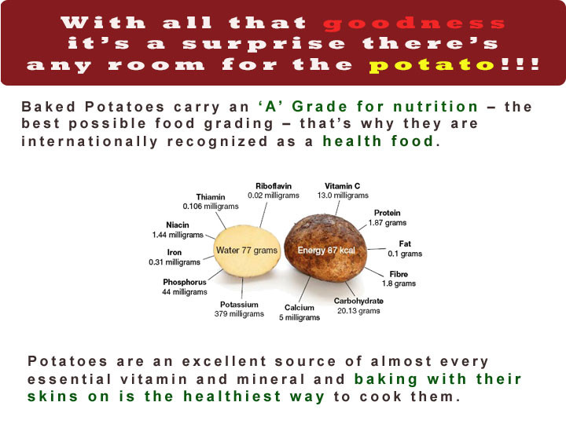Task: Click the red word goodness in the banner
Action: tap(413, 24)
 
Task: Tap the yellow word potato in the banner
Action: tap(432, 66)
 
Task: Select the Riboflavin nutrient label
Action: tap(274, 186)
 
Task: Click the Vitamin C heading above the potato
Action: tap(342, 186)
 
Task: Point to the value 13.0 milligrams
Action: tap(343, 196)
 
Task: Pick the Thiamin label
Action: tap(211, 197)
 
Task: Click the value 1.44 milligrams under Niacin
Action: tap(178, 235)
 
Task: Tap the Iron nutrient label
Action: tap(175, 252)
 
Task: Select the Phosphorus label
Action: tap(185, 282)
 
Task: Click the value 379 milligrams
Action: tap(239, 314)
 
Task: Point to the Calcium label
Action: tap(300, 308)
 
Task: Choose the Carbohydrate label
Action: tap(358, 301)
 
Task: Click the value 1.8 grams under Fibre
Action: tap(399, 283)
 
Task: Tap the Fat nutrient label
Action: tap(405, 244)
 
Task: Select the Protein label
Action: tap(388, 213)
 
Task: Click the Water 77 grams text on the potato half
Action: tap(247, 250)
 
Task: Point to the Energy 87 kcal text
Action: tap(326, 250)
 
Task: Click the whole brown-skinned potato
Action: tap(325, 248)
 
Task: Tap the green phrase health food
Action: tap(378, 141)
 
